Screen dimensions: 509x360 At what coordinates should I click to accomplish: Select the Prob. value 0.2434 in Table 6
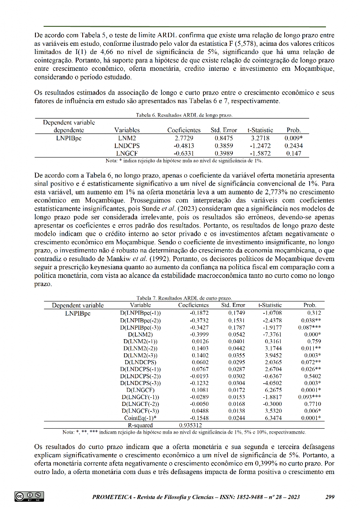294,146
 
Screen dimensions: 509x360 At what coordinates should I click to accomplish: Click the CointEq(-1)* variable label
140,418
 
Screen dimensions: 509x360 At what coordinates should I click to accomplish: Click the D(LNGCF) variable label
140,390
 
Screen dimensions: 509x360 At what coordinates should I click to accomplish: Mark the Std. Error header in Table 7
233,305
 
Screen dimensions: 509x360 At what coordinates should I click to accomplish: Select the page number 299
330,497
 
